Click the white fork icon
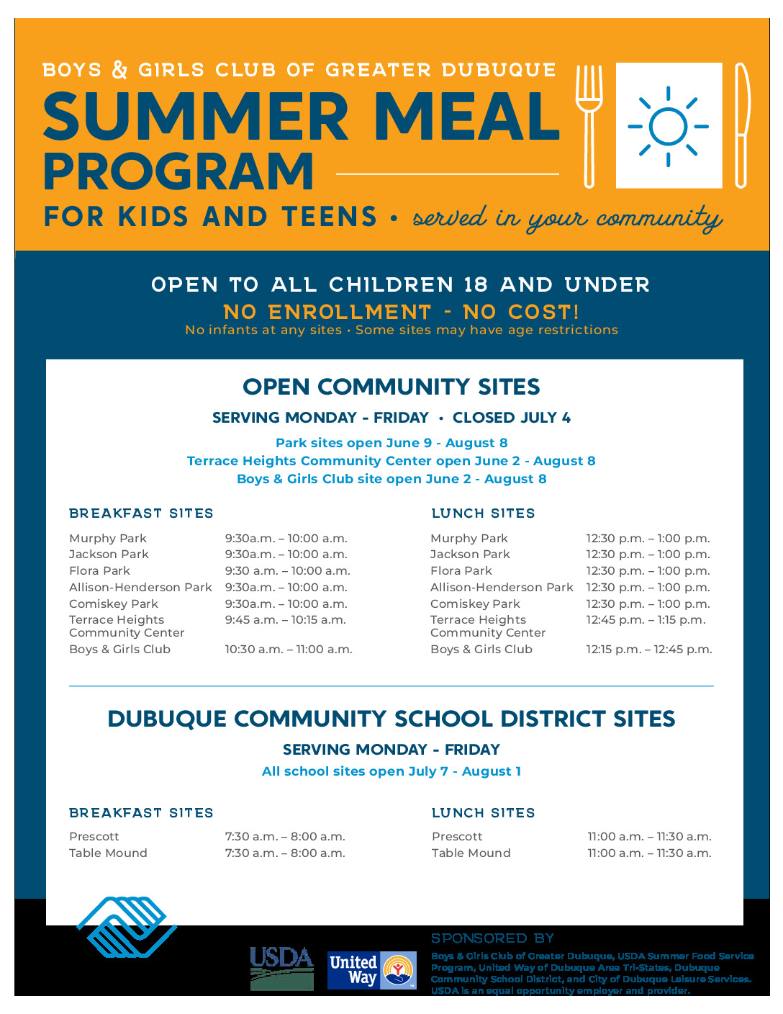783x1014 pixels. coord(589,125)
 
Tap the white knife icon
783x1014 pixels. coord(741,125)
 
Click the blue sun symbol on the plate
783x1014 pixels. coord(668,127)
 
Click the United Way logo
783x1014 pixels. coord(372,970)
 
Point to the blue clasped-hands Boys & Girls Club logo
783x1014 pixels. coord(127,927)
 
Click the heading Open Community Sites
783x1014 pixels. coord(391,387)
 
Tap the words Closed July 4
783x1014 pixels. coord(511,418)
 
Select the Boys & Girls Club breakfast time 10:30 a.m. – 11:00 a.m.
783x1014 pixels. coord(289,649)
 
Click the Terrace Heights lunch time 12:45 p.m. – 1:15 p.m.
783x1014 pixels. coord(646,619)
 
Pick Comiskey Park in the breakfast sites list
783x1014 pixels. coord(114,604)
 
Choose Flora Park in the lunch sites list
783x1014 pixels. coord(461,570)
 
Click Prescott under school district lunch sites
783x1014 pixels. coord(457,836)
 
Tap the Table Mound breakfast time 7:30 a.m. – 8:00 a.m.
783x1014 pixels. coord(285,853)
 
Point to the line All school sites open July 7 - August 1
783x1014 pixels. coord(391,771)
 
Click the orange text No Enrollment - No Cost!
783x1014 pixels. coord(401,312)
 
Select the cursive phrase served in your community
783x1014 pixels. coord(567,218)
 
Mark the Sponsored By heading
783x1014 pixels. coord(493,938)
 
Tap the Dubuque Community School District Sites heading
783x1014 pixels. coord(391,719)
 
